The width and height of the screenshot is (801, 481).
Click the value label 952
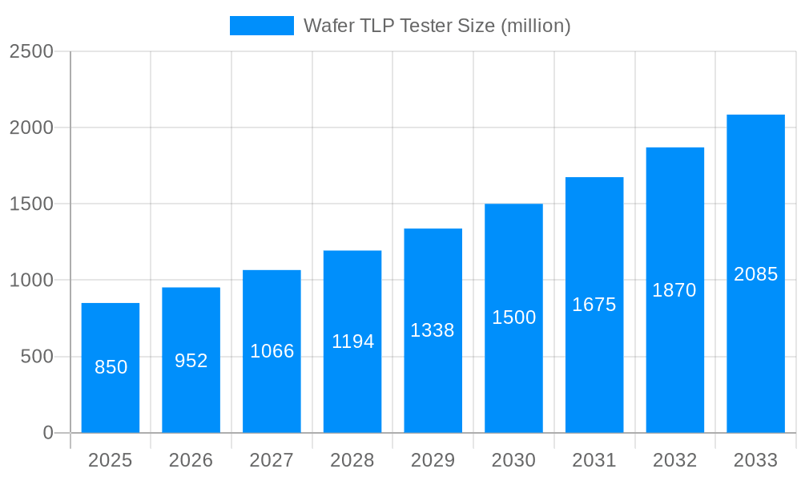click(191, 361)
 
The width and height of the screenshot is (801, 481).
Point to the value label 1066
click(272, 351)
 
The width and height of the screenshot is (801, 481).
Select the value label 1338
click(433, 330)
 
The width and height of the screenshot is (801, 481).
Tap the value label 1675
click(594, 305)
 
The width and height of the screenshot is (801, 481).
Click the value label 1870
click(674, 290)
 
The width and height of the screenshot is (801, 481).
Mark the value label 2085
click(755, 274)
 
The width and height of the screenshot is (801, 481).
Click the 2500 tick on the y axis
click(30, 51)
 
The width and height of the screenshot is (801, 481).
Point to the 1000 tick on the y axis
click(30, 281)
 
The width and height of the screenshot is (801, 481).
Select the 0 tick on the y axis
click(47, 433)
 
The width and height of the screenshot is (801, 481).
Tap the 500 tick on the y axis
click(36, 357)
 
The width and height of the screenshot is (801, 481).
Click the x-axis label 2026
click(191, 460)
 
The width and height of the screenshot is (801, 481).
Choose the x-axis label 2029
click(433, 460)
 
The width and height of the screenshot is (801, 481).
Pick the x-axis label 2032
click(674, 460)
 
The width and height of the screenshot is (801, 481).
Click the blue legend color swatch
click(262, 26)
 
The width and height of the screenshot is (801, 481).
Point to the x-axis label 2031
click(594, 460)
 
